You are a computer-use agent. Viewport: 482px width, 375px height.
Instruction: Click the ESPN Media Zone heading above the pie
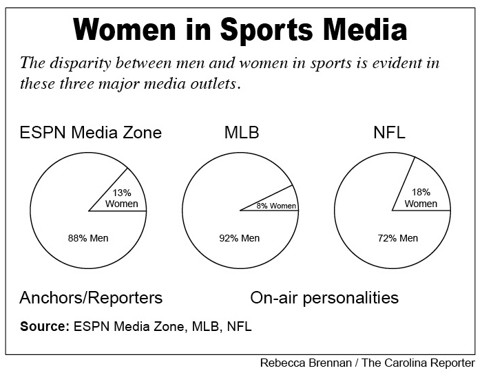tap(90, 132)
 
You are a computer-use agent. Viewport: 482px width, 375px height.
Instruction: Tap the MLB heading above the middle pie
tap(242, 132)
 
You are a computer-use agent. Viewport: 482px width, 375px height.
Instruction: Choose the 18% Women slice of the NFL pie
tap(421, 197)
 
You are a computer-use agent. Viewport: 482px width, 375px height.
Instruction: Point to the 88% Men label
tap(87, 238)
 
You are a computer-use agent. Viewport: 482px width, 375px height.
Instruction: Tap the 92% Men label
tap(239, 238)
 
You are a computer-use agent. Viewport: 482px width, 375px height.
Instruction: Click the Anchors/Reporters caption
tap(91, 298)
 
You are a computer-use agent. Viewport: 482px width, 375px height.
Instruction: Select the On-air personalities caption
tap(324, 298)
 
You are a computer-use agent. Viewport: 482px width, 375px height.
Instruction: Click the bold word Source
tap(45, 326)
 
